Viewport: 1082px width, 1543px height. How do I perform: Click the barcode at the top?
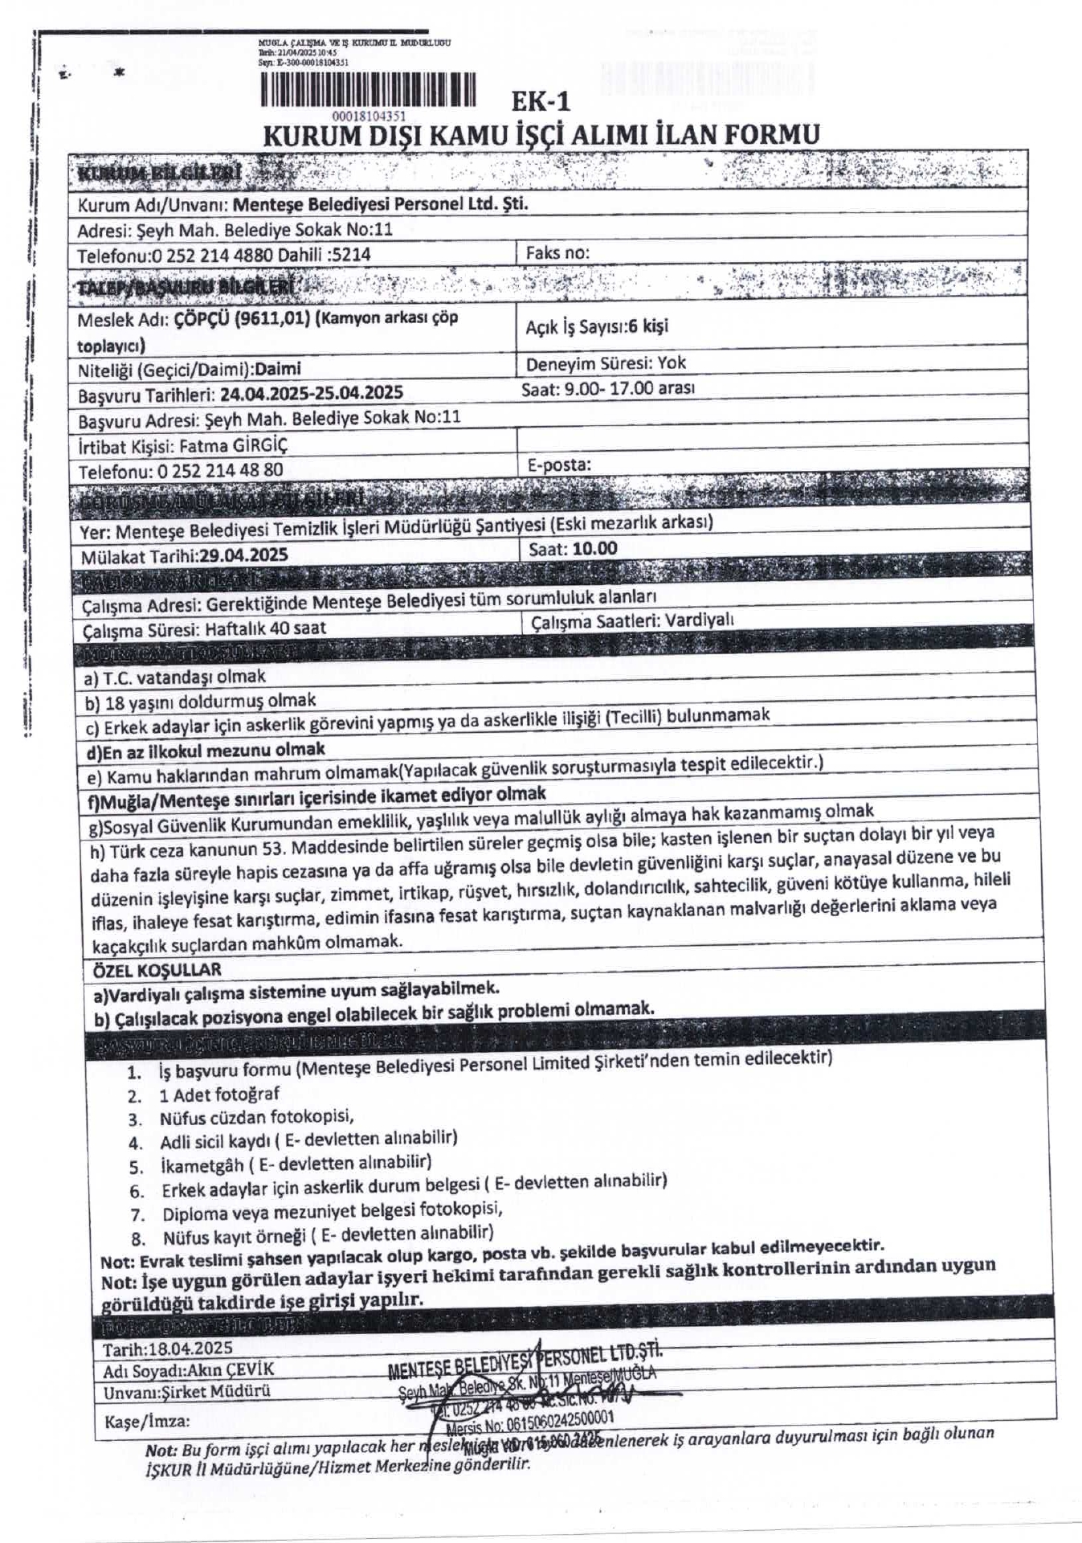pos(368,89)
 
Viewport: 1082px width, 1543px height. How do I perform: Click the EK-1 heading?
pos(541,102)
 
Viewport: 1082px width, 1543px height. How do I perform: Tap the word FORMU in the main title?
pos(772,133)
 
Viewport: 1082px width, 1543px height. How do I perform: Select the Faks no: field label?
pos(557,252)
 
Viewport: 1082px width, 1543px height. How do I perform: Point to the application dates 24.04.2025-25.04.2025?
pos(312,393)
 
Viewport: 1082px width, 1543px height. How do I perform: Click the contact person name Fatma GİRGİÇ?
pos(233,444)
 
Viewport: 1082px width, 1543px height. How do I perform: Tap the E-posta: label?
pos(559,465)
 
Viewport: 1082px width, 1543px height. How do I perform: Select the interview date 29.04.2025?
pos(243,555)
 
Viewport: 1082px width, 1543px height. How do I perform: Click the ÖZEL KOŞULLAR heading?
pos(157,969)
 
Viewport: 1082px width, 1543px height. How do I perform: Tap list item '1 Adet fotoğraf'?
pos(219,1094)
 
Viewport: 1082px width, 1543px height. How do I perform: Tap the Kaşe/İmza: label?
pos(147,1421)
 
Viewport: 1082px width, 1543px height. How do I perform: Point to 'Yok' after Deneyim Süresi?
pos(672,362)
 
